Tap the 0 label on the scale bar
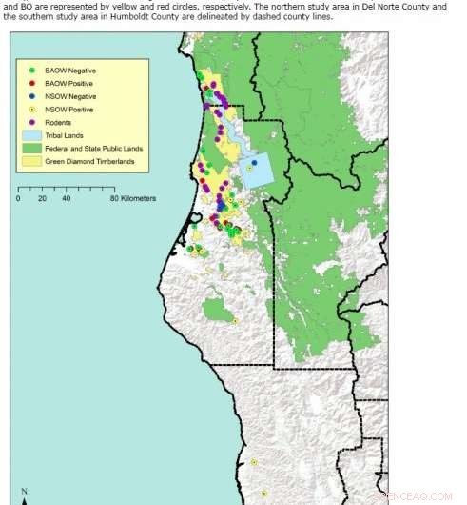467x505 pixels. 18,199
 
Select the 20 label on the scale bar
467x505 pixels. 42,199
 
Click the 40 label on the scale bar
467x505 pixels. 66,199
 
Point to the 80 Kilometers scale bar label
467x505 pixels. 133,199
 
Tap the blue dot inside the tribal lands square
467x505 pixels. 254,163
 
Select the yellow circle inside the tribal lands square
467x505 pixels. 249,168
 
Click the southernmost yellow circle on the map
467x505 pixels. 263,494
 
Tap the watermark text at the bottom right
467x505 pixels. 433,496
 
